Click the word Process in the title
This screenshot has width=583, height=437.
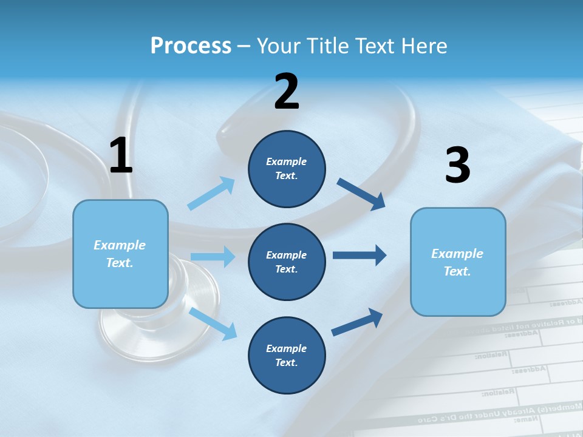click(191, 46)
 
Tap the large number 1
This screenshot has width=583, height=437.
click(121, 156)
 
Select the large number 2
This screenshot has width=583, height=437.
click(287, 92)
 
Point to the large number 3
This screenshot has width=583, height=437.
click(457, 166)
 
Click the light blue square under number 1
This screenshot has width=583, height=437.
click(120, 254)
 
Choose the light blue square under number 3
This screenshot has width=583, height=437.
click(458, 262)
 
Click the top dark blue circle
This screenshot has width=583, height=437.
click(287, 169)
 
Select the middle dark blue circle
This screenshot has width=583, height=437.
click(287, 262)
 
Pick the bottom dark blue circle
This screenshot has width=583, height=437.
click(287, 356)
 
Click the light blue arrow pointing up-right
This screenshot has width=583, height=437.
click(211, 194)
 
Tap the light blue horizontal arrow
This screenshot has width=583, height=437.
click(212, 257)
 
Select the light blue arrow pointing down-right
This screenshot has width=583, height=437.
click(213, 324)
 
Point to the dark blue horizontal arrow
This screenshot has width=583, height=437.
click(359, 255)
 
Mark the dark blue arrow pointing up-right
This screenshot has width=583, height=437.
click(357, 322)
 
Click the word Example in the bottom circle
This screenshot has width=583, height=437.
click(287, 348)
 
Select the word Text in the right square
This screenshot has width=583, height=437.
click(456, 271)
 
